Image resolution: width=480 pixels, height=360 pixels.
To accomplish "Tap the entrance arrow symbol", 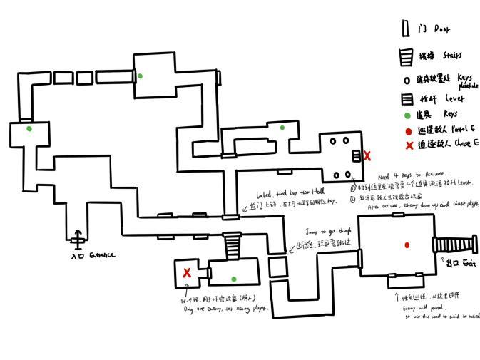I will [77, 237].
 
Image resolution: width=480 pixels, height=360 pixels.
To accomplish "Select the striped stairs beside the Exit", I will [454, 245].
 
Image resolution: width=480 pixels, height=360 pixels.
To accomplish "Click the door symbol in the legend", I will [405, 29].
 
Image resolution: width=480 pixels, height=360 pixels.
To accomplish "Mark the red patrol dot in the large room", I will [407, 245].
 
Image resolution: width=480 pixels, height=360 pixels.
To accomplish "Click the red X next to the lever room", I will [367, 155].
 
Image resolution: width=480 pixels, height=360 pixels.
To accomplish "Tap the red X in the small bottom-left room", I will [187, 272].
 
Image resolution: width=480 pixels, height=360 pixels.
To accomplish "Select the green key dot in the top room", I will [141, 76].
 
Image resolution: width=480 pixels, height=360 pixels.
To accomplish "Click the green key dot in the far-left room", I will [29, 129].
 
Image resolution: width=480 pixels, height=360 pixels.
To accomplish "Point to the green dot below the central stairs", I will [233, 279].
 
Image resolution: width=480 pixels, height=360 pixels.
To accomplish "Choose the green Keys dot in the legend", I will [407, 115].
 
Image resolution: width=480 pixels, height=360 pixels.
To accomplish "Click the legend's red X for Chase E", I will [409, 145].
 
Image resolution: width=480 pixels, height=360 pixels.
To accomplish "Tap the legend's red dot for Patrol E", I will [407, 131].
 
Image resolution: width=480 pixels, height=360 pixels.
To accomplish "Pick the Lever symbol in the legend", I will [407, 99].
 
